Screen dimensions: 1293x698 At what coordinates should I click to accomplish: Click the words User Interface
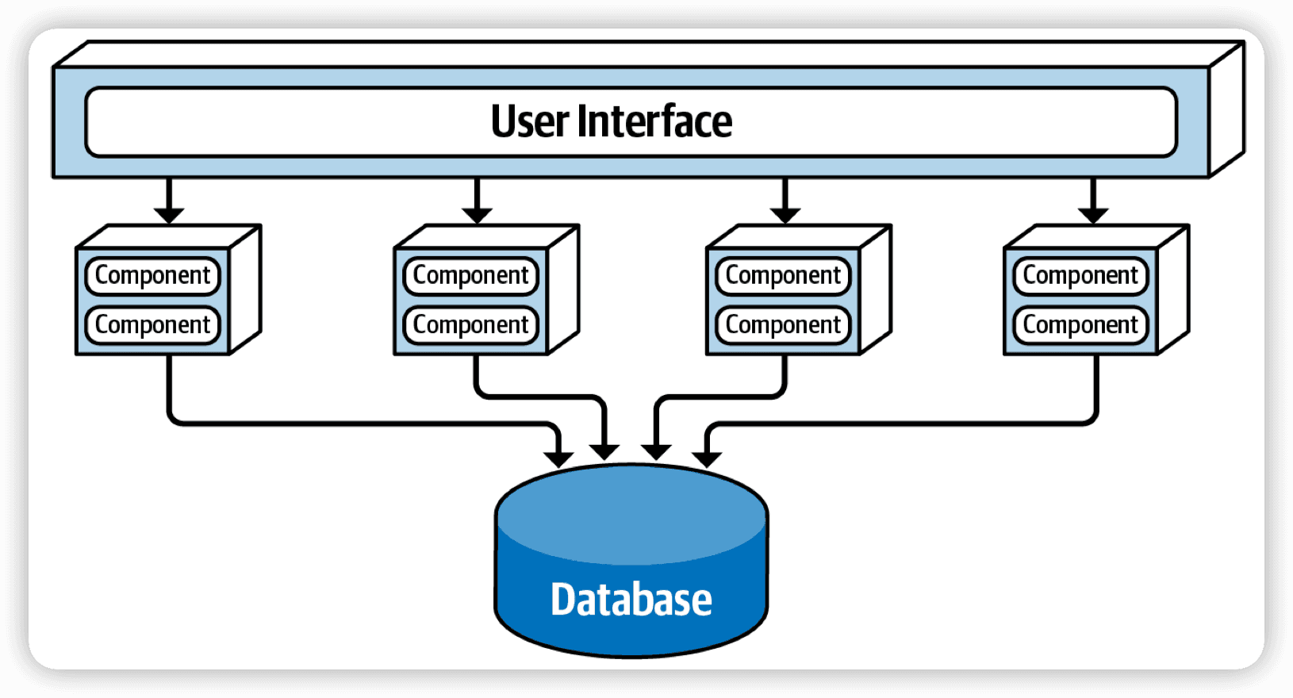tap(612, 121)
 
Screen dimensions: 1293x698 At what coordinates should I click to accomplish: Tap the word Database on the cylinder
tap(631, 600)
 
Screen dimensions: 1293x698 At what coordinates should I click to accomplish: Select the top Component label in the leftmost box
tap(152, 275)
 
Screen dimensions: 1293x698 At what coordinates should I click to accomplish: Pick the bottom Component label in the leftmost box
tap(152, 325)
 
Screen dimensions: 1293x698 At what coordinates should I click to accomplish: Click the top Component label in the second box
tap(470, 275)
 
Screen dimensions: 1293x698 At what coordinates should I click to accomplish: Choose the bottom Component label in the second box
tap(470, 325)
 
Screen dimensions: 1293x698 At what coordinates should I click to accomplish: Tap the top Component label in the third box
tap(783, 275)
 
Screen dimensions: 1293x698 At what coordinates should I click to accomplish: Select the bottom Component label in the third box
tap(783, 325)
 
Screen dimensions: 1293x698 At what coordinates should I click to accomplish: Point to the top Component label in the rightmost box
tap(1080, 275)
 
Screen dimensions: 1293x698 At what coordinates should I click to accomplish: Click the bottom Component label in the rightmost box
tap(1080, 325)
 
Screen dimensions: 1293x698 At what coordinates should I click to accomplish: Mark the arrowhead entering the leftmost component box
tap(169, 216)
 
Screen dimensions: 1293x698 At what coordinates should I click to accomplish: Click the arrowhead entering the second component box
tap(477, 216)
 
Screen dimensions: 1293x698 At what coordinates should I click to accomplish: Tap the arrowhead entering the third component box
tap(785, 216)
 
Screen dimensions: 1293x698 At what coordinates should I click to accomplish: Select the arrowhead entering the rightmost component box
tap(1092, 216)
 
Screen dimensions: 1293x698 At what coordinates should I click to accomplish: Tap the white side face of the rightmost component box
tap(1173, 290)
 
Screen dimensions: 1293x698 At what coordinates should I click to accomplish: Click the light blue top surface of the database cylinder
tap(631, 514)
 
